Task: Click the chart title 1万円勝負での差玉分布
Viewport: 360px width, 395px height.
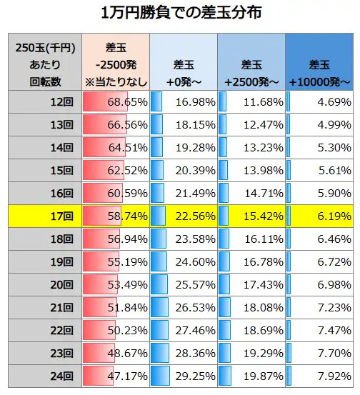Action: [180, 14]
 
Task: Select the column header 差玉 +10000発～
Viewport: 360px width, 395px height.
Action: [319, 64]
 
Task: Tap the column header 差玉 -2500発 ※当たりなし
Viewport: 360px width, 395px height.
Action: [116, 64]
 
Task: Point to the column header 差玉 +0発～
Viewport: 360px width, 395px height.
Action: [184, 64]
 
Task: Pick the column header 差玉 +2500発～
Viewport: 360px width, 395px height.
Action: [251, 64]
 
